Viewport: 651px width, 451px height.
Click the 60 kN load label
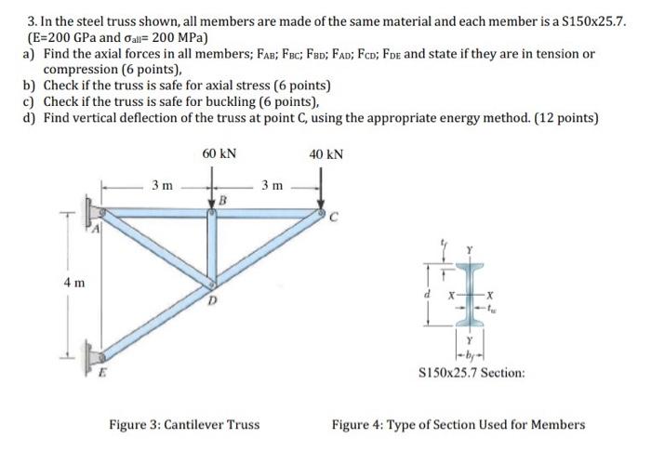point(219,153)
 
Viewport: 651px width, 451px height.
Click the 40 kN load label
point(325,153)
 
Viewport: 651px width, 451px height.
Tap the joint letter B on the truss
point(223,199)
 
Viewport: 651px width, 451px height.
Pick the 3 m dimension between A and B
point(162,187)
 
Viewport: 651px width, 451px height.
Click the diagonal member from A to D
point(158,251)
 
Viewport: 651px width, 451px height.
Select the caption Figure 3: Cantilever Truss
point(184,425)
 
